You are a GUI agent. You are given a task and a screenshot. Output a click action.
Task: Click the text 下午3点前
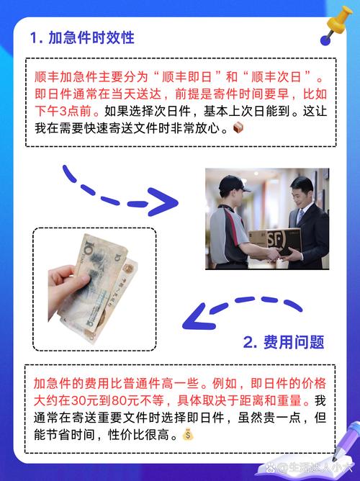click(x=63, y=112)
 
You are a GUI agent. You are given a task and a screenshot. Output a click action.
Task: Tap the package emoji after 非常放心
click(x=239, y=129)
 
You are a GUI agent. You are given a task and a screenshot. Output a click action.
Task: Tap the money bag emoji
click(x=188, y=434)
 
